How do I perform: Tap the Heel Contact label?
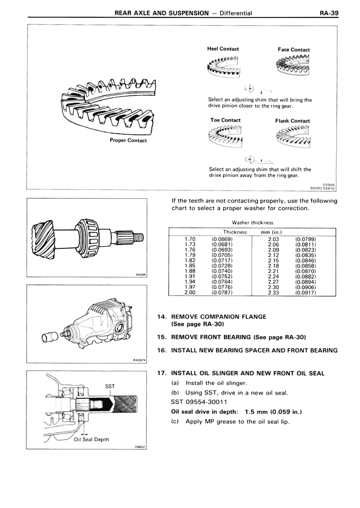(223, 49)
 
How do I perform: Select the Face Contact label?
(293, 49)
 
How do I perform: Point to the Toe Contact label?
(225, 120)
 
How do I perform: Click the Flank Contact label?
(292, 121)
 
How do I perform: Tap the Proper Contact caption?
(128, 140)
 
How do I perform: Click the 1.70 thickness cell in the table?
(190, 239)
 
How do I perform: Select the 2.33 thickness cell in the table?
(274, 292)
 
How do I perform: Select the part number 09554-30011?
(206, 402)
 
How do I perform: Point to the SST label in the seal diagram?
(110, 386)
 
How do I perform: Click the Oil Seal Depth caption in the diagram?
(92, 439)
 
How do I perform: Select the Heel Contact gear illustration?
(223, 66)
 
